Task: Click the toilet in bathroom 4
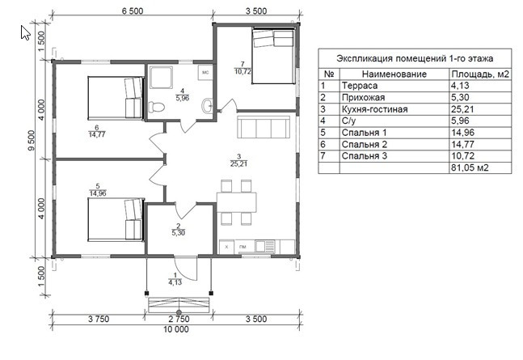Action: tap(156, 107)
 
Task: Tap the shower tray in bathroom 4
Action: tap(161, 77)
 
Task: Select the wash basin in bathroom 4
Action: tap(207, 105)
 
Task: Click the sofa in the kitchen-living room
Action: tap(264, 127)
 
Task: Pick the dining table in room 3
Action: tap(237, 202)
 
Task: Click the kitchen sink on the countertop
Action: tap(265, 247)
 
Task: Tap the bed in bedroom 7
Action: tap(273, 56)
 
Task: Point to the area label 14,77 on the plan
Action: tap(97, 134)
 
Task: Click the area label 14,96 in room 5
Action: tap(98, 193)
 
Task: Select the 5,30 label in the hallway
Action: tap(179, 233)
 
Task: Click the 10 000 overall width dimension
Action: tap(176, 329)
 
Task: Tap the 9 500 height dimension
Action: tap(31, 141)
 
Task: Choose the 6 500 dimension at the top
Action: tap(133, 11)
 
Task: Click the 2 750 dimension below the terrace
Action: tap(179, 319)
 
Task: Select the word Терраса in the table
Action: tap(360, 86)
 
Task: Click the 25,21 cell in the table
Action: tap(462, 109)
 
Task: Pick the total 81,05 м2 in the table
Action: tap(470, 167)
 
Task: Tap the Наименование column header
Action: tap(394, 74)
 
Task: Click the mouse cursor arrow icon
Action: tap(25, 32)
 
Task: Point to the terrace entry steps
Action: tap(179, 304)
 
